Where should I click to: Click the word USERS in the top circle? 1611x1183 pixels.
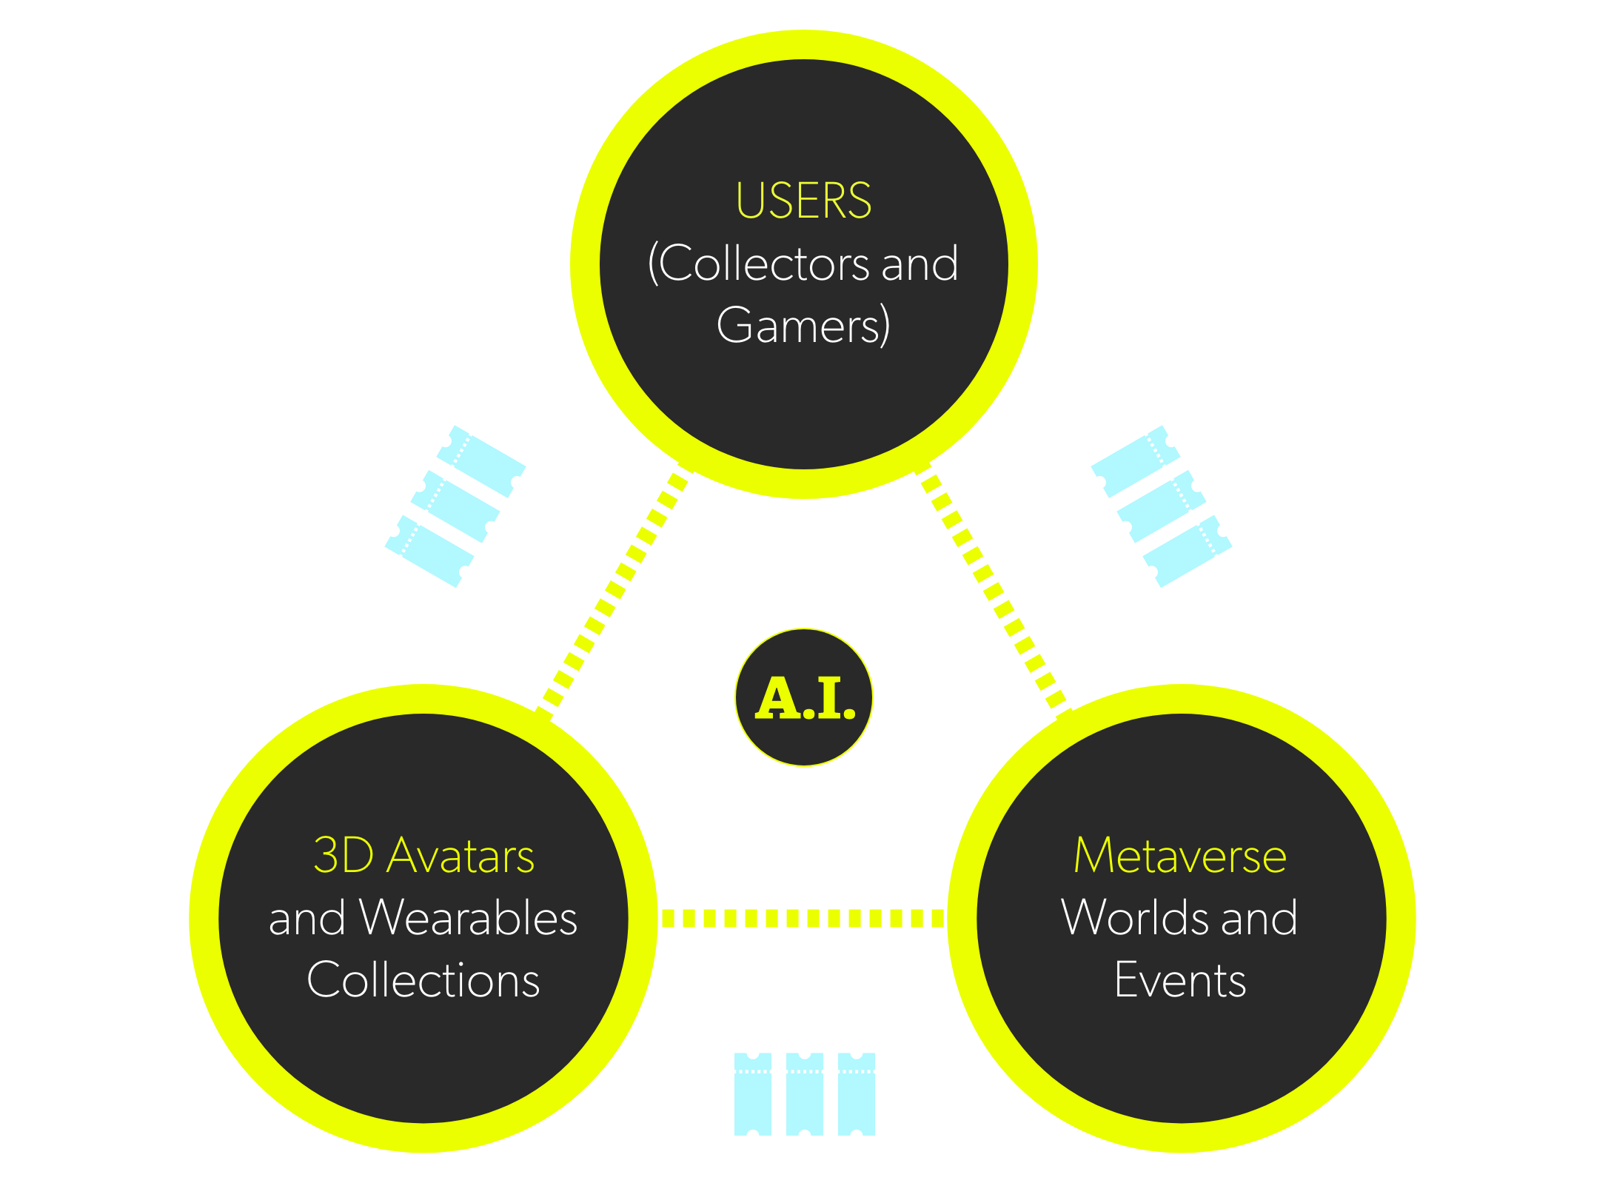[x=803, y=201]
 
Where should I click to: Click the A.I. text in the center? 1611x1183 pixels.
[x=805, y=698]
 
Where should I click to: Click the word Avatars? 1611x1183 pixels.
[x=461, y=857]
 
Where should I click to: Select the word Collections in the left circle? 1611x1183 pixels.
[x=423, y=980]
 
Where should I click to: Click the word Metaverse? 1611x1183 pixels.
[x=1180, y=856]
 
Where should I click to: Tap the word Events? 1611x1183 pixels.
[x=1180, y=980]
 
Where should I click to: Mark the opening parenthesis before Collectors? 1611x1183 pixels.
[x=653, y=265]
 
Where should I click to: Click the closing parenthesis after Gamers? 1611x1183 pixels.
[x=885, y=327]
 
